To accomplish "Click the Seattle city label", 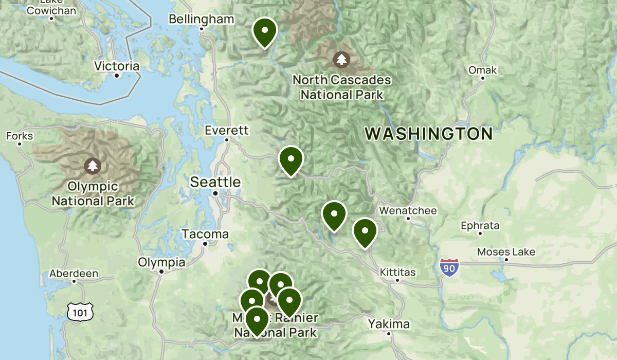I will click(x=215, y=182).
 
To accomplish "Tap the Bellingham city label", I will click(x=201, y=20).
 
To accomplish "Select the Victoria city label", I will click(x=117, y=66).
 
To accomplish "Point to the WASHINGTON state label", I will click(x=429, y=134).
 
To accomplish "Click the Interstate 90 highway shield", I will click(x=449, y=267).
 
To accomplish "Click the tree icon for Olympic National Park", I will click(x=93, y=166).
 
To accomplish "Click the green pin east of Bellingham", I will click(x=265, y=31).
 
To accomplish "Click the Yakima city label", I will click(x=389, y=324).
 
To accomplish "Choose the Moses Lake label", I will click(x=506, y=252).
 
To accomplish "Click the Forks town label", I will click(x=20, y=136).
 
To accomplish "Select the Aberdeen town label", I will click(x=74, y=274).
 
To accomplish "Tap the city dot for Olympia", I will click(x=161, y=271).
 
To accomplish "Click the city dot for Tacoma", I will click(x=205, y=244).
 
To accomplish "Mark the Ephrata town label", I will click(x=480, y=225).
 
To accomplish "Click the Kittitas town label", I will click(x=397, y=272).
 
